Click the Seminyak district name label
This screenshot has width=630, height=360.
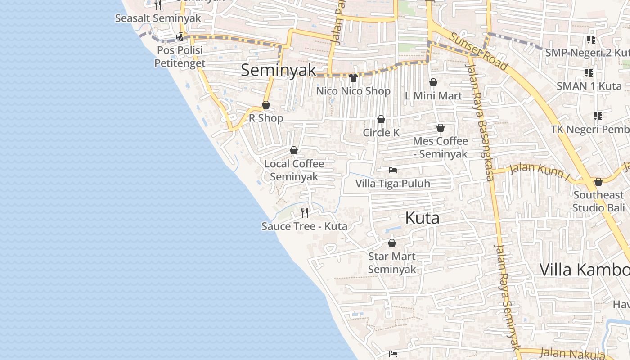coord(279,71)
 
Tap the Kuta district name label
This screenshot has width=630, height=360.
coord(422,218)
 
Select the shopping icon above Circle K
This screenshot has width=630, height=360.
coord(381,119)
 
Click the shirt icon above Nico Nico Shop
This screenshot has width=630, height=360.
coord(353,78)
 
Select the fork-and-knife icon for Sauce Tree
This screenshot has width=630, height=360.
coord(305,212)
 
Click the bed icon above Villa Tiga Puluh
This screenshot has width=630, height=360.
coord(393,170)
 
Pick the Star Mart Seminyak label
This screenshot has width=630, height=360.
coord(392,263)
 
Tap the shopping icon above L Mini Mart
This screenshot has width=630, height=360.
coord(433,82)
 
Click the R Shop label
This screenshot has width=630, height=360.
coord(266,118)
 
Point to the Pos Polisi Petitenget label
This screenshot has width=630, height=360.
coord(180,57)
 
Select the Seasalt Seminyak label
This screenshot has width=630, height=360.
coord(158,18)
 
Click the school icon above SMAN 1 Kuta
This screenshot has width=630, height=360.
coord(589,72)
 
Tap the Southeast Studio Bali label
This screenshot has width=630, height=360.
coord(598,201)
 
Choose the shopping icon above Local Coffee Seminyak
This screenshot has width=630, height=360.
coord(294,150)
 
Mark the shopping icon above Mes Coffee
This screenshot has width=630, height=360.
coord(441,128)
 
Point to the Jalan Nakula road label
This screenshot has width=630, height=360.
coord(571,353)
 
